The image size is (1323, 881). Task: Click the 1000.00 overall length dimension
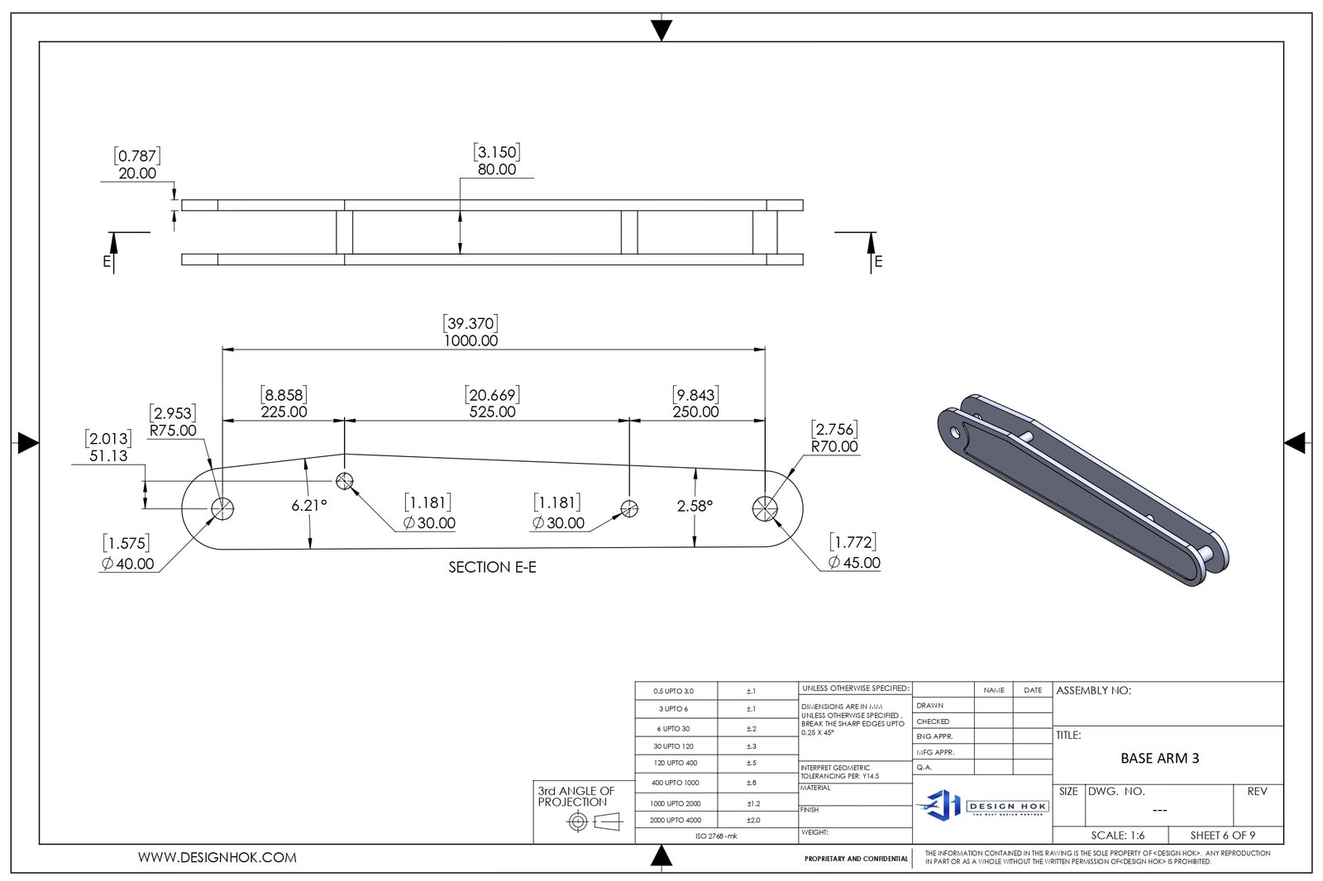click(x=470, y=340)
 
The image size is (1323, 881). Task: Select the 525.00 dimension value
click(x=492, y=412)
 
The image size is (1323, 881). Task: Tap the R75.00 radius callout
click(x=173, y=431)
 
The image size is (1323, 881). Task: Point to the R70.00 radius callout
click(x=834, y=446)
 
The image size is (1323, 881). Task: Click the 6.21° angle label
click(x=309, y=506)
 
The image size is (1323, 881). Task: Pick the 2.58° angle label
click(x=695, y=506)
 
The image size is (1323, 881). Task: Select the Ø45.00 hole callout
click(x=854, y=563)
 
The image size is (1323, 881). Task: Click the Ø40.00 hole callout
click(x=127, y=564)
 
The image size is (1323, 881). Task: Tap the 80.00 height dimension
click(x=497, y=169)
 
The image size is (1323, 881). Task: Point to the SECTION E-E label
click(x=492, y=567)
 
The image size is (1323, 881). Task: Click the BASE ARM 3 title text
click(x=1159, y=758)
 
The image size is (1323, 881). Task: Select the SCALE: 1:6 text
click(x=1117, y=836)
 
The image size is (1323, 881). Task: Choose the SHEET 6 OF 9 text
click(x=1222, y=836)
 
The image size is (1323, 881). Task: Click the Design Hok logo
click(x=982, y=804)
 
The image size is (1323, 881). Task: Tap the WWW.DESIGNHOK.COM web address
click(x=217, y=858)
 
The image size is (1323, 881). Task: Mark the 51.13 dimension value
click(x=108, y=456)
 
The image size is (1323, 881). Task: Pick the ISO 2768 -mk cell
click(x=716, y=836)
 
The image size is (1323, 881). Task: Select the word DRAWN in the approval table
click(x=929, y=706)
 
